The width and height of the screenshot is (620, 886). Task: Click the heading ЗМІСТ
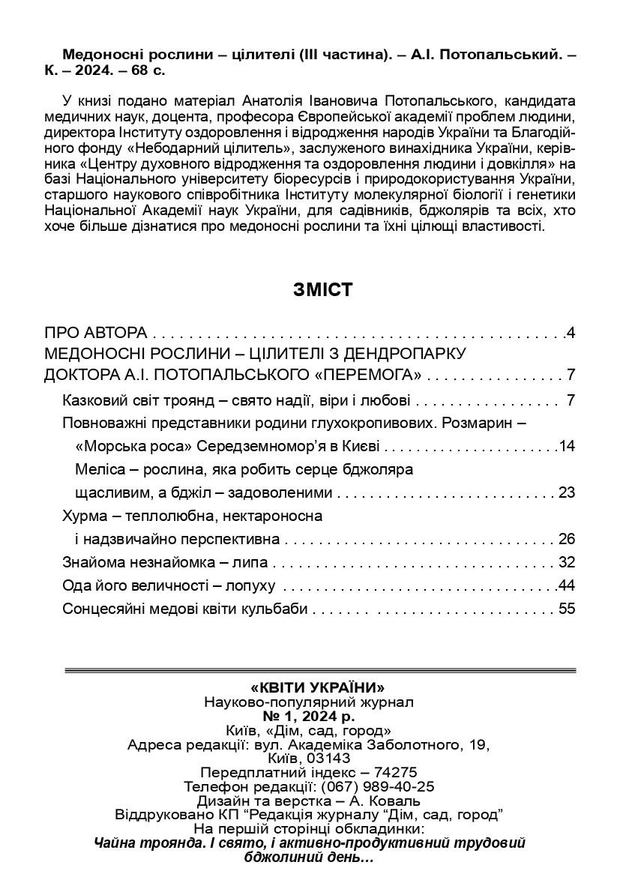coord(322,291)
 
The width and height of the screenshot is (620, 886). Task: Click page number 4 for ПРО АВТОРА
coord(571,332)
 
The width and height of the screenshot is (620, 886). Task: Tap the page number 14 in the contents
coord(566,447)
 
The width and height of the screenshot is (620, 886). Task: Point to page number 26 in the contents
coord(566,539)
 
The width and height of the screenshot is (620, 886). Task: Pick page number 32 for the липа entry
coord(566,562)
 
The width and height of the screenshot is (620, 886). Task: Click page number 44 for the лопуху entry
coord(566,585)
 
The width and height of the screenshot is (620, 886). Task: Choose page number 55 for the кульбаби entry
coord(566,609)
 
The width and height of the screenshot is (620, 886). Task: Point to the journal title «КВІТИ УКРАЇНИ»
coord(310,687)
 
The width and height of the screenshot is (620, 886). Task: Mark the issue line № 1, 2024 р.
coord(310,716)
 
